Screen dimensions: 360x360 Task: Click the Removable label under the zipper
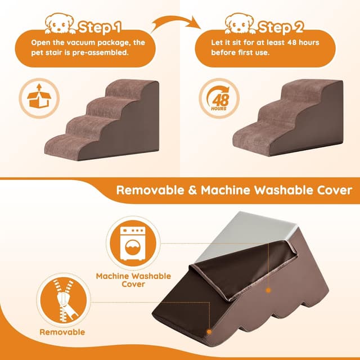(62, 332)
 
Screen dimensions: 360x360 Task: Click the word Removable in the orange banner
(147, 190)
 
